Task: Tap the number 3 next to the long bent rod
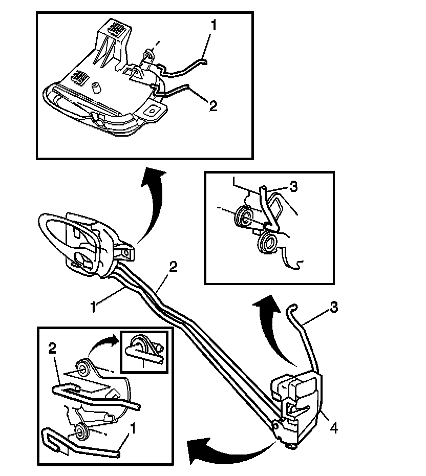(x=333, y=308)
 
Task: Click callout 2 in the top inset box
(x=213, y=105)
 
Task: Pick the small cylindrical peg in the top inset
(x=96, y=87)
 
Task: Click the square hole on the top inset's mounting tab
(x=153, y=110)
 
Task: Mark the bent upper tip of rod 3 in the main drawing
(x=291, y=307)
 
